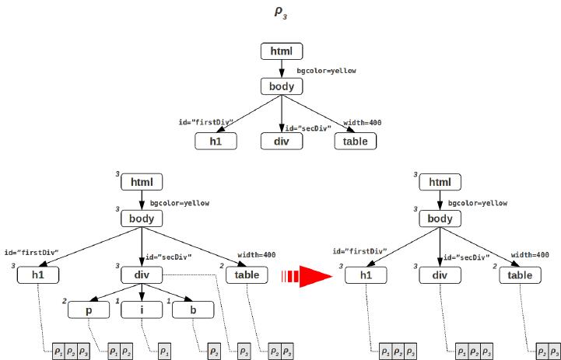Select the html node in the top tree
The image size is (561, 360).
tap(281, 51)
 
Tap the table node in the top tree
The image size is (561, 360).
tap(355, 141)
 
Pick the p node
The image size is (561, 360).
tap(88, 309)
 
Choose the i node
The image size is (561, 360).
tap(141, 309)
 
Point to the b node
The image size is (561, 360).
tap(192, 309)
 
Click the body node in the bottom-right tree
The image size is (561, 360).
tap(440, 219)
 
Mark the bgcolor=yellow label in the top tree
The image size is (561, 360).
tap(327, 71)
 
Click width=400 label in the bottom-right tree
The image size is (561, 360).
tap(530, 254)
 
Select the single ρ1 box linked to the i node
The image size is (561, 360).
tap(165, 351)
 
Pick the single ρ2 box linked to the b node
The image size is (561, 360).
tap(213, 351)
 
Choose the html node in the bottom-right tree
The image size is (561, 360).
tap(440, 183)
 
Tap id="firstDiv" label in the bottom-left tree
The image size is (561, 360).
tap(32, 253)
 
